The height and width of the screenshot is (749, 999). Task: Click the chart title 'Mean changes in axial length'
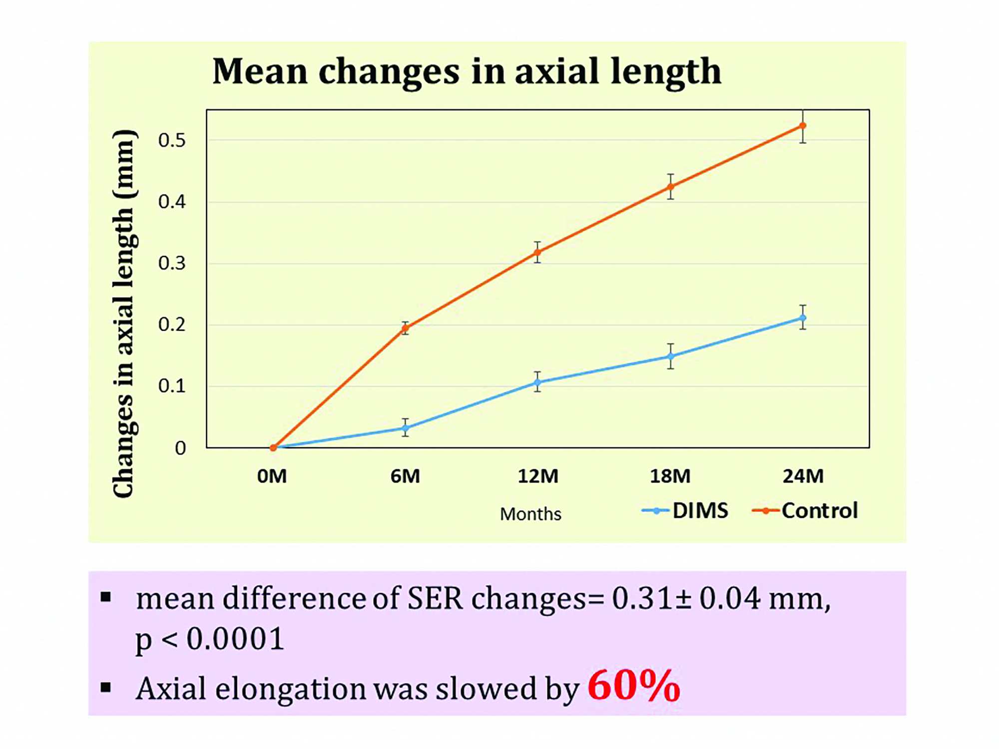[467, 71]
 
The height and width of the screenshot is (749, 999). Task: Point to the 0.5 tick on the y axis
[172, 140]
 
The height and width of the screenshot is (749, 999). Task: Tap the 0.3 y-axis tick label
[172, 263]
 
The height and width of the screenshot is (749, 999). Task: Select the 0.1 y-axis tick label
[172, 386]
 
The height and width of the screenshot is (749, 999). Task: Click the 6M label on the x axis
[405, 476]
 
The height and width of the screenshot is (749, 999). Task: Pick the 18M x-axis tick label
[670, 476]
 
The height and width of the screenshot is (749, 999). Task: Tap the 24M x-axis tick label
[803, 476]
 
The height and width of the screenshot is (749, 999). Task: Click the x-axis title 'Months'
[530, 514]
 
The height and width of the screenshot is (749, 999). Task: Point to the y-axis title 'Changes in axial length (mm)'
[123, 314]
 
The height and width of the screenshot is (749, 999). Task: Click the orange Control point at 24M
[803, 126]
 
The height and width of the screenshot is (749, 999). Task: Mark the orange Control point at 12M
[537, 252]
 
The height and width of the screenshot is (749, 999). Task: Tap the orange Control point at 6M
[406, 328]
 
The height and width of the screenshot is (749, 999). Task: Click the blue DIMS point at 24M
[803, 318]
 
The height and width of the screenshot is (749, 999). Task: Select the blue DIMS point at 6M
[406, 428]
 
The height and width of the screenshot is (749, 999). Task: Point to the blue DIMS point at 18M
[670, 357]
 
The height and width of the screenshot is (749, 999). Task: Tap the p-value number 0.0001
[235, 639]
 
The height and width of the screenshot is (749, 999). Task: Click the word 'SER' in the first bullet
[435, 598]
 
